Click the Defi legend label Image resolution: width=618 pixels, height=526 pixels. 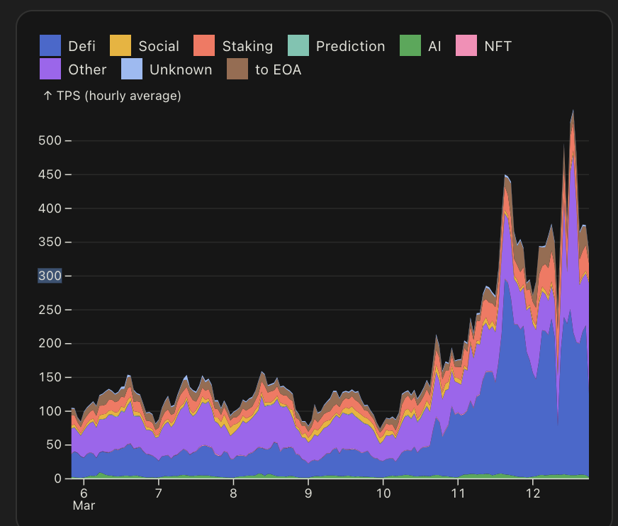82,47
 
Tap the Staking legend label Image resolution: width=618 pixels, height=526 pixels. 247,47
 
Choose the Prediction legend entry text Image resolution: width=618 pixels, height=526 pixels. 350,47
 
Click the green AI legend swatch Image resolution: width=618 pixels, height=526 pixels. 410,47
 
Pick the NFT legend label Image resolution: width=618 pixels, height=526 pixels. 498,47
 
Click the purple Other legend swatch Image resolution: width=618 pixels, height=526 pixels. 50,69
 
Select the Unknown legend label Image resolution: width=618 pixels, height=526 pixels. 180,69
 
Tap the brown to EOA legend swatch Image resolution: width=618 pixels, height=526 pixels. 237,69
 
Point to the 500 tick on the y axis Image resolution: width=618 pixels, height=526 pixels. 49,140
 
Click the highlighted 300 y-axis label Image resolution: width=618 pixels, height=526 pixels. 49,276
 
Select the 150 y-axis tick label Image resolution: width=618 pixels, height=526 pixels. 49,377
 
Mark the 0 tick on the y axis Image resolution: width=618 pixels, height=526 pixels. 58,479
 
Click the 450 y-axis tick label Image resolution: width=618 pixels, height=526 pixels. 49,174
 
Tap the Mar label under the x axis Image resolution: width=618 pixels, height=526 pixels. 84,506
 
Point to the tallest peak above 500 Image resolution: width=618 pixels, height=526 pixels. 573,112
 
